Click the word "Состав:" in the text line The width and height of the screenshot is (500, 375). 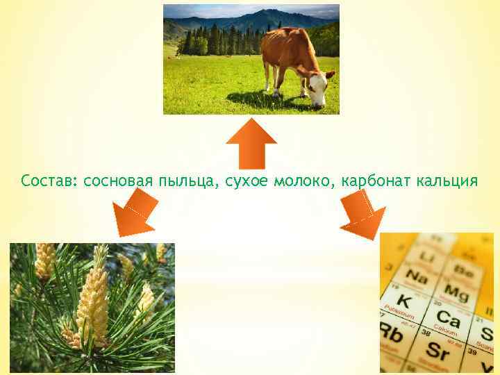click(49, 182)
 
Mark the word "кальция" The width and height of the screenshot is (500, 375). click(447, 182)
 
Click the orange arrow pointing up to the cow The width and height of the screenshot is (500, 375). click(251, 142)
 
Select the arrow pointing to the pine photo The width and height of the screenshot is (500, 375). click(135, 213)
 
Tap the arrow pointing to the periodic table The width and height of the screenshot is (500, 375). click(364, 214)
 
